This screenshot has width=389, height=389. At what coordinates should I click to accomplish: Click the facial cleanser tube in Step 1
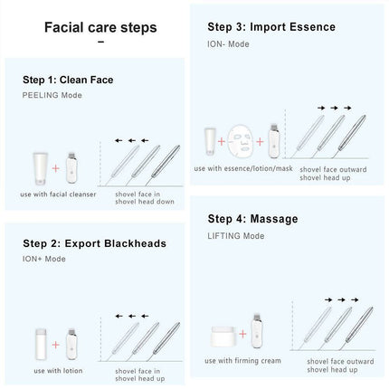point(38,157)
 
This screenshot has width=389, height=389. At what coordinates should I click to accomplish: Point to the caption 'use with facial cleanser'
point(52,194)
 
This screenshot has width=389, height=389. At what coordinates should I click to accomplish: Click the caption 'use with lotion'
point(50,359)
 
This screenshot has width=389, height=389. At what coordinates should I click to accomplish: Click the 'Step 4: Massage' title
point(252,219)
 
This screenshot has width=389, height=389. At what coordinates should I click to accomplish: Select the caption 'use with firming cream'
point(242,360)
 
